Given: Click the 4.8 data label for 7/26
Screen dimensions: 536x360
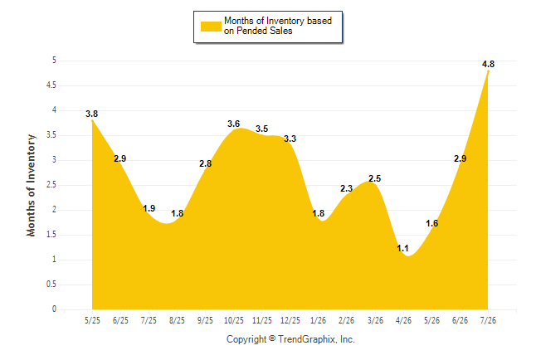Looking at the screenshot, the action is tap(488, 64).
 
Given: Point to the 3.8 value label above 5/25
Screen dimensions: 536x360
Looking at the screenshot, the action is tap(91, 114).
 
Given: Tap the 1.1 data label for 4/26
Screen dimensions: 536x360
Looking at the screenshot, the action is tap(402, 248).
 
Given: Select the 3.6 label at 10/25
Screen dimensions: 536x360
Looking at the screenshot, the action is tap(233, 124).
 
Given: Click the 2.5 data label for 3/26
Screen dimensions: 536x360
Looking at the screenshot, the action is tap(375, 178).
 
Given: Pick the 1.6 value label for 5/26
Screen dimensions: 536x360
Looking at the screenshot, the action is tap(431, 223).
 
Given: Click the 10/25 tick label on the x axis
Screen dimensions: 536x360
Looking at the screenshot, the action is tap(234, 320).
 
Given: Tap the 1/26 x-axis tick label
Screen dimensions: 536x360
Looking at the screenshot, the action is tap(318, 320).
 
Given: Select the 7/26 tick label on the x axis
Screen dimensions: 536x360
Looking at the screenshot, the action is tap(488, 320).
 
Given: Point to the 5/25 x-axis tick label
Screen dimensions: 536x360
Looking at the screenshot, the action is tap(92, 320).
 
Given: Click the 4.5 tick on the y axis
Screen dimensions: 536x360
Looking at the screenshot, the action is tap(51, 85).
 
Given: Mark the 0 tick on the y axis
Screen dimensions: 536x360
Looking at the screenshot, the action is tap(54, 309).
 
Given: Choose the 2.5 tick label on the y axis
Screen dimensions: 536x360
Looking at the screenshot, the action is tap(51, 185).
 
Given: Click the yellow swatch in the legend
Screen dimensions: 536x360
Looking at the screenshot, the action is tap(211, 27).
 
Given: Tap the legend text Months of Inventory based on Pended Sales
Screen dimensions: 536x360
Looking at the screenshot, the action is tap(278, 26).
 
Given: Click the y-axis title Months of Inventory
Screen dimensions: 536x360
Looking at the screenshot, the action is tap(31, 185).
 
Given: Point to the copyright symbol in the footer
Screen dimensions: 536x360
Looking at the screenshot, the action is tap(272, 338).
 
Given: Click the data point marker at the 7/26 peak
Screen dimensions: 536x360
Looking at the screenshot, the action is tap(488, 71).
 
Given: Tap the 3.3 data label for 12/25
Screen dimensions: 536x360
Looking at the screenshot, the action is tap(290, 139).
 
